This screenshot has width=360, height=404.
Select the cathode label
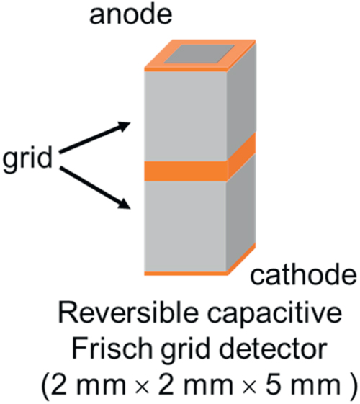pos(303,274)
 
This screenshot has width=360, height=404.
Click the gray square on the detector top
pos(203,53)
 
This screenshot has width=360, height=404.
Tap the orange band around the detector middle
pos(187,171)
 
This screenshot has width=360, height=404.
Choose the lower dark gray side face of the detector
pos(242,212)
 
